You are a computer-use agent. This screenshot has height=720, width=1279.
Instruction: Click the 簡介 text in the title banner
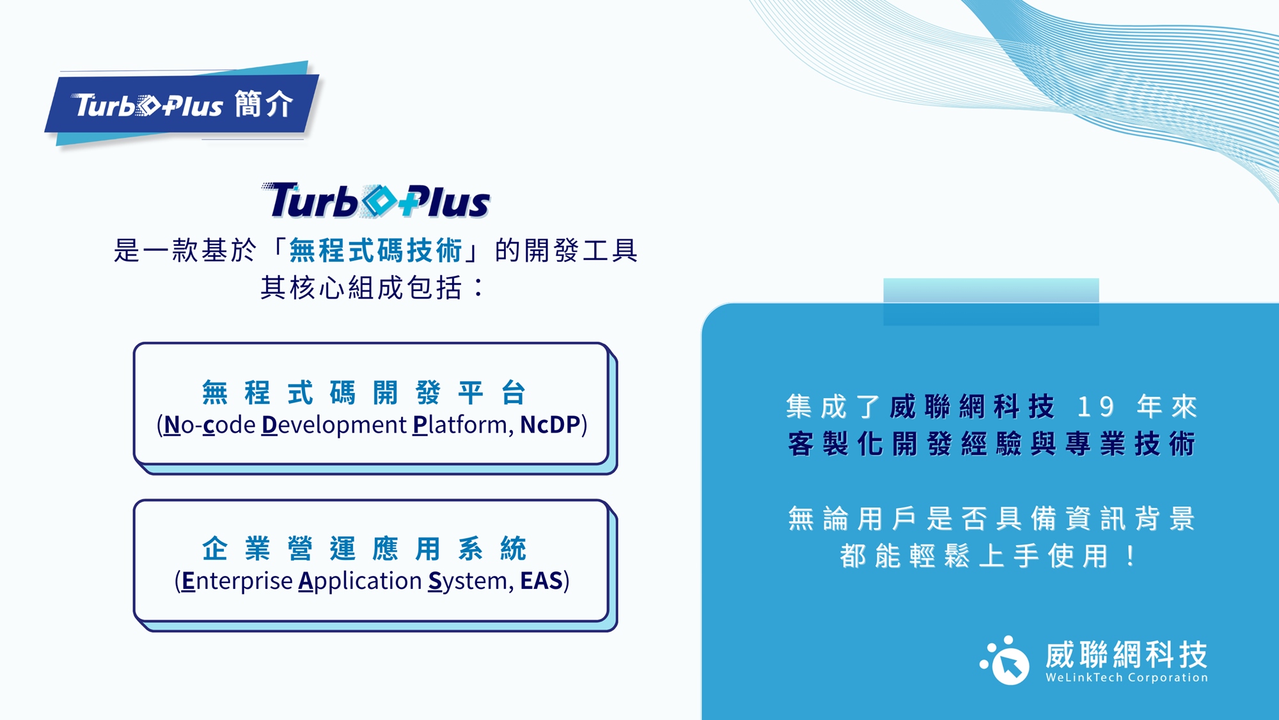tap(263, 104)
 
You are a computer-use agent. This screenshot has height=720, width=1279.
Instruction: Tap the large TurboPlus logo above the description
tap(375, 200)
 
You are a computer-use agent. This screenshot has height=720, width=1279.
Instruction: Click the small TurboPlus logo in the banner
tap(148, 105)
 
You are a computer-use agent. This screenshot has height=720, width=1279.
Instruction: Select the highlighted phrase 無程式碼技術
tap(375, 250)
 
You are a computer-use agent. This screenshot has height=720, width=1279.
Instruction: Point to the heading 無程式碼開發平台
tap(365, 392)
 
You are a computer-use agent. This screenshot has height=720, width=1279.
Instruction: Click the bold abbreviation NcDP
tap(550, 424)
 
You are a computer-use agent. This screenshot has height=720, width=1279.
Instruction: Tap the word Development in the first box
tap(334, 425)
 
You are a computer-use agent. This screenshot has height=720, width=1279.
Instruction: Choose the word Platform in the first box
tap(463, 425)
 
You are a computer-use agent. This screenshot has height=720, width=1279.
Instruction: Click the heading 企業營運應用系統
tap(365, 548)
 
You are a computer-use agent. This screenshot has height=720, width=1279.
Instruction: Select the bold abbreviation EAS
tap(541, 580)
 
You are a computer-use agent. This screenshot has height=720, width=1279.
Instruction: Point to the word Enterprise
tap(237, 581)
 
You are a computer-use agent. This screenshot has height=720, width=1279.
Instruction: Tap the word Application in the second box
tap(360, 581)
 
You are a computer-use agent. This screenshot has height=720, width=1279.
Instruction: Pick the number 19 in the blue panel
tap(1096, 406)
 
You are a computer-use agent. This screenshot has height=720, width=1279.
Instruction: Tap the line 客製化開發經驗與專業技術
tap(991, 444)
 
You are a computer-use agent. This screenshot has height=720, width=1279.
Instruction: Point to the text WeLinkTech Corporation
tap(1127, 677)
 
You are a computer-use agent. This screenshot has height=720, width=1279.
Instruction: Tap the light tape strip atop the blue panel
tap(991, 301)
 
